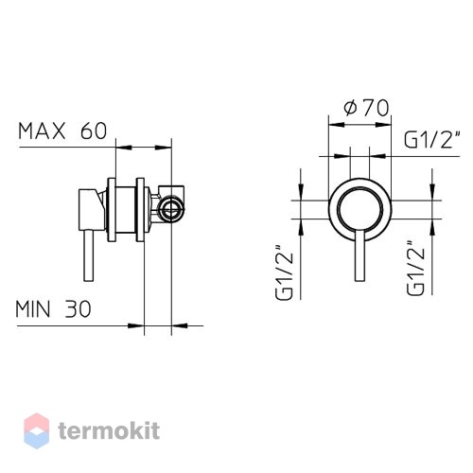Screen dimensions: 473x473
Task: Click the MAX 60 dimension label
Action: (62, 131)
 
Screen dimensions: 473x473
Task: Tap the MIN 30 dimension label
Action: (54, 309)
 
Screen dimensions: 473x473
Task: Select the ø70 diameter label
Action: (366, 108)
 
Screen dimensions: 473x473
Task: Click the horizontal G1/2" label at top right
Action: (431, 140)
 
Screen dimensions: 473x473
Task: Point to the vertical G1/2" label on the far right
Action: (415, 268)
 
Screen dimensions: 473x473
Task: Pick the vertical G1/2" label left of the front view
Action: (285, 272)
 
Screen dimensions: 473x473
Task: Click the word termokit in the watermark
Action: (109, 430)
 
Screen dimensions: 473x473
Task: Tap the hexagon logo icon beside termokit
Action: (37, 430)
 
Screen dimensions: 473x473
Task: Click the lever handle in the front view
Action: (359, 255)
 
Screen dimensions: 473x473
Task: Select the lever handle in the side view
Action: (89, 255)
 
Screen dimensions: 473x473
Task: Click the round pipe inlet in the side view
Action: (171, 208)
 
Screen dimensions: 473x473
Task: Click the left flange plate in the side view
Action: (112, 210)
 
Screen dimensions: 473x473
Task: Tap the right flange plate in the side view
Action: (140, 210)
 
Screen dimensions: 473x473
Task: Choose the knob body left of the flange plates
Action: (92, 210)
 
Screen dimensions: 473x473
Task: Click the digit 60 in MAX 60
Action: (94, 131)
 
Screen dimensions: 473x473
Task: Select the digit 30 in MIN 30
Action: (79, 309)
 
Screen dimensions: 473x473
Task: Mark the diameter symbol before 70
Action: (350, 108)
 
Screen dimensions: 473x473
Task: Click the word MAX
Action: (42, 131)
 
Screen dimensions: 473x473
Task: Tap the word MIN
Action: (33, 309)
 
